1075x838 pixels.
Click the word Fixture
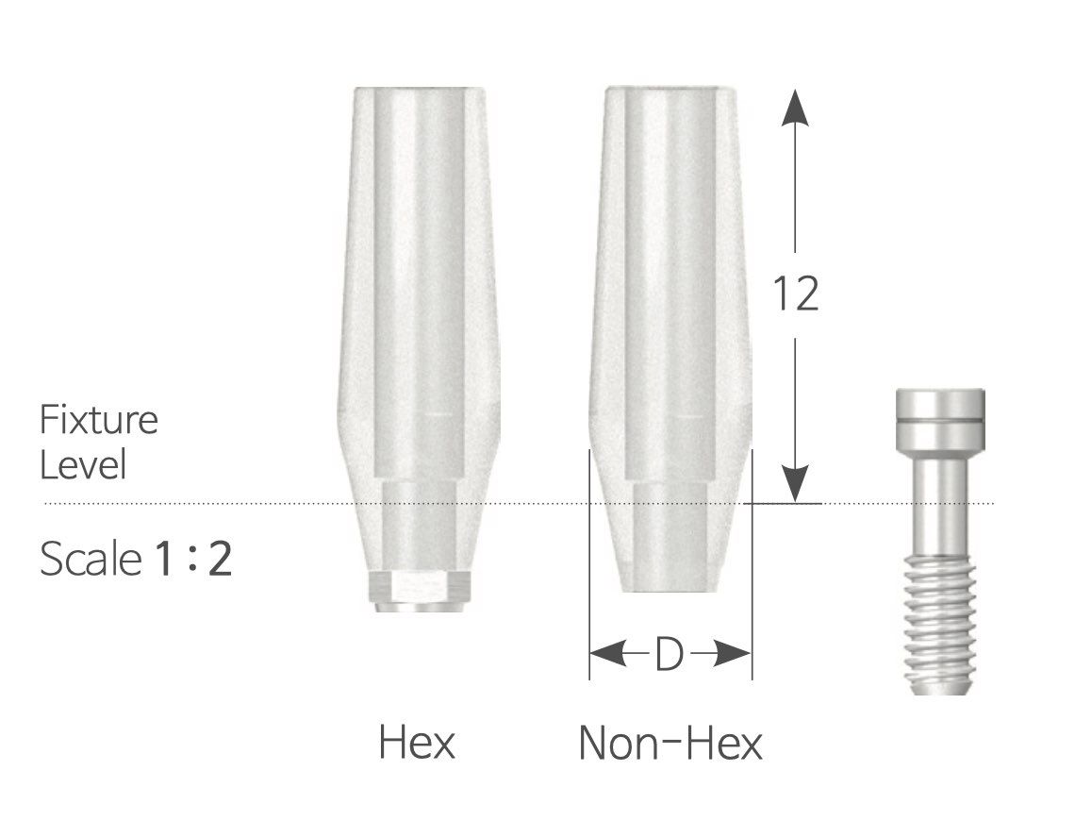(x=98, y=421)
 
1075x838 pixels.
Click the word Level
(x=82, y=465)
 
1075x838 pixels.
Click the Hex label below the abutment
(x=416, y=742)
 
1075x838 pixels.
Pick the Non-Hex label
(x=670, y=742)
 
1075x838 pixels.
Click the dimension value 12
(x=795, y=293)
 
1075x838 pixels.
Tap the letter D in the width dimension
(x=668, y=654)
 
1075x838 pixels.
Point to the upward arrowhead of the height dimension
(x=796, y=107)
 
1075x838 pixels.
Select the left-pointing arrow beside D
(x=610, y=653)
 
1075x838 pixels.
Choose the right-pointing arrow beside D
(x=729, y=653)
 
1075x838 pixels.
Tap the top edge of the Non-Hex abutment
(x=668, y=90)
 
